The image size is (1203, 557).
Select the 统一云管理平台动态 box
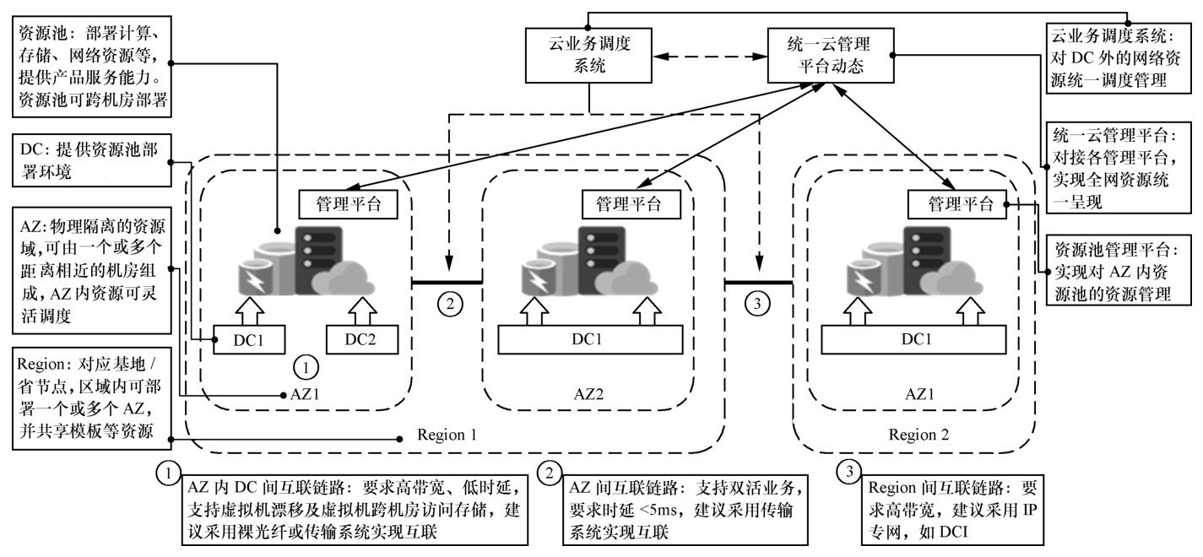tap(830, 56)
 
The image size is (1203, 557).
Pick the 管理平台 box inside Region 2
tap(956, 203)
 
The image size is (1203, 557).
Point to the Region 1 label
tap(447, 436)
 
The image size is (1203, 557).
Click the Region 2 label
tap(919, 436)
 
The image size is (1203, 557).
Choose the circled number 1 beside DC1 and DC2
tap(305, 367)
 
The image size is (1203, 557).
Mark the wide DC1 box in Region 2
tap(913, 339)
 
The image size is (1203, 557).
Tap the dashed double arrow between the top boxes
tap(710, 56)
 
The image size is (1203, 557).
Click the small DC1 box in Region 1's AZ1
tap(248, 339)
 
